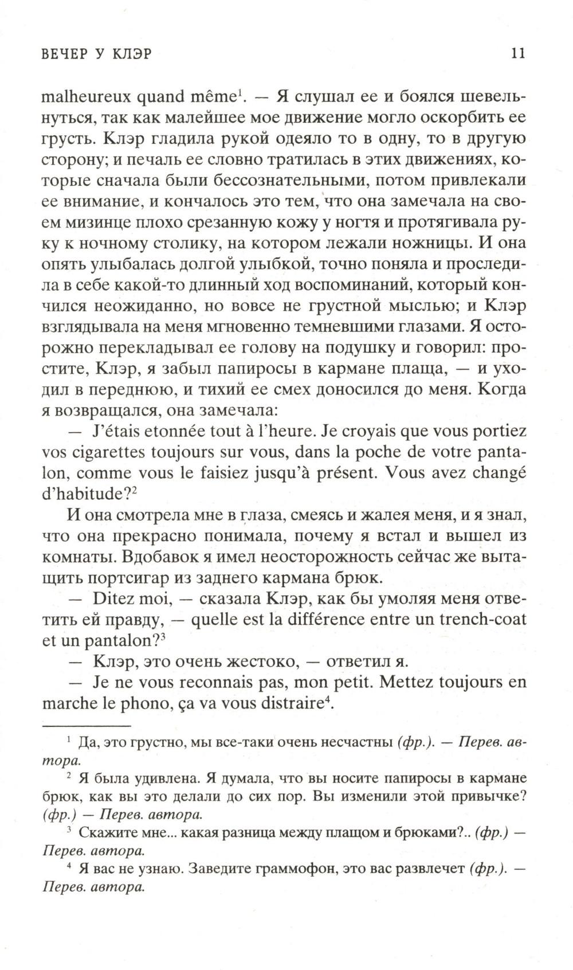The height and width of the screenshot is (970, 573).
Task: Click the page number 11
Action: click(x=517, y=53)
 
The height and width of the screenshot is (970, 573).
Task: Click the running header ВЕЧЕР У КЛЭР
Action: click(x=100, y=54)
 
